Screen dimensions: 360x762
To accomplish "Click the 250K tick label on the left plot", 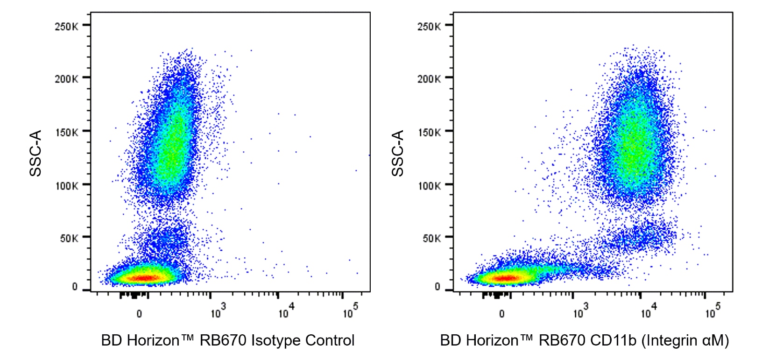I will (x=66, y=27).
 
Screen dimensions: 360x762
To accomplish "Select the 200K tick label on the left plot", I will (x=66, y=79).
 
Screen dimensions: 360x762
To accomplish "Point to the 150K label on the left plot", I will (x=66, y=133).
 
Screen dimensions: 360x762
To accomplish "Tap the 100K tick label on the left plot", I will (x=66, y=186).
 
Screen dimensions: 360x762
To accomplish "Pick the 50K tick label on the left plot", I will (x=69, y=239).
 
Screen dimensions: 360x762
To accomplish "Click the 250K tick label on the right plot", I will (x=429, y=27).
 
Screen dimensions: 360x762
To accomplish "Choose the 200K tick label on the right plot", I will (x=429, y=79).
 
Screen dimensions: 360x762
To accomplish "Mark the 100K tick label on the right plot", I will (x=429, y=186).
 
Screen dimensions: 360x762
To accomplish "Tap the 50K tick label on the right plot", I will (x=431, y=239).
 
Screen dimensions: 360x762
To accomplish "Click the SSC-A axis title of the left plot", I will (x=35, y=153).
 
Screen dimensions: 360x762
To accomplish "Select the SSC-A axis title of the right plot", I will (x=398, y=153).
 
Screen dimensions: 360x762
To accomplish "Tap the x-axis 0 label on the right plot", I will (x=502, y=314).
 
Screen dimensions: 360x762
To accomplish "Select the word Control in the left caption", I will (x=330, y=340).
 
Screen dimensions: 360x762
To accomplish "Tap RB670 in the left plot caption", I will (x=223, y=340).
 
